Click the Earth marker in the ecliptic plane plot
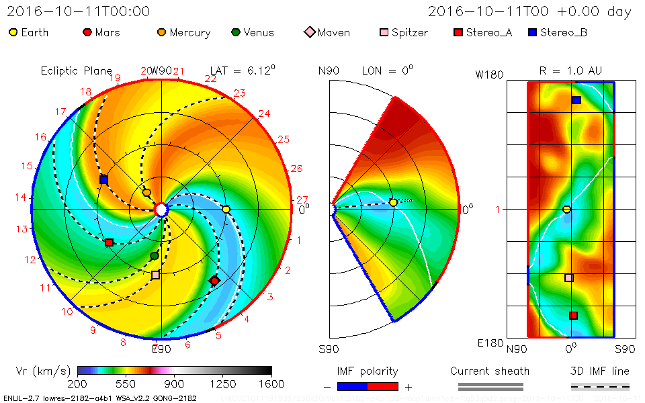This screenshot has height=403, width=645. pos(226,210)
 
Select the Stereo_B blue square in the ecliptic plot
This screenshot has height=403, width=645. pos(103,180)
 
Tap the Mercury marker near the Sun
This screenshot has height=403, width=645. pos(146,193)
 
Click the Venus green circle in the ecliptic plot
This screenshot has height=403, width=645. pos(155,256)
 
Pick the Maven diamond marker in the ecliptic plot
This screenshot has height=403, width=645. pos(214,280)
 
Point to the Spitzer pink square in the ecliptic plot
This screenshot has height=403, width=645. pos(156,275)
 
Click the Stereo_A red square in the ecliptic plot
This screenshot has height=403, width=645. pos(109,242)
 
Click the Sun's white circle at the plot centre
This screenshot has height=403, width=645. pos(161,210)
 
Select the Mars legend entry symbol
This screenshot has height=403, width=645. pos(87,32)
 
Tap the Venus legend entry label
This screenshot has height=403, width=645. pos(259,32)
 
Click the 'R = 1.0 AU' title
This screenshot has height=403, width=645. pos(570,71)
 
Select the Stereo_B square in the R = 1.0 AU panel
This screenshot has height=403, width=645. pos(576,100)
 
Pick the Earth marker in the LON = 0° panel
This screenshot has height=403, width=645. pos(393,202)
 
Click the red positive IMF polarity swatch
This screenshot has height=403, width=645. pos(383,386)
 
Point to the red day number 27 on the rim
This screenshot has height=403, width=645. pos(302,199)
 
